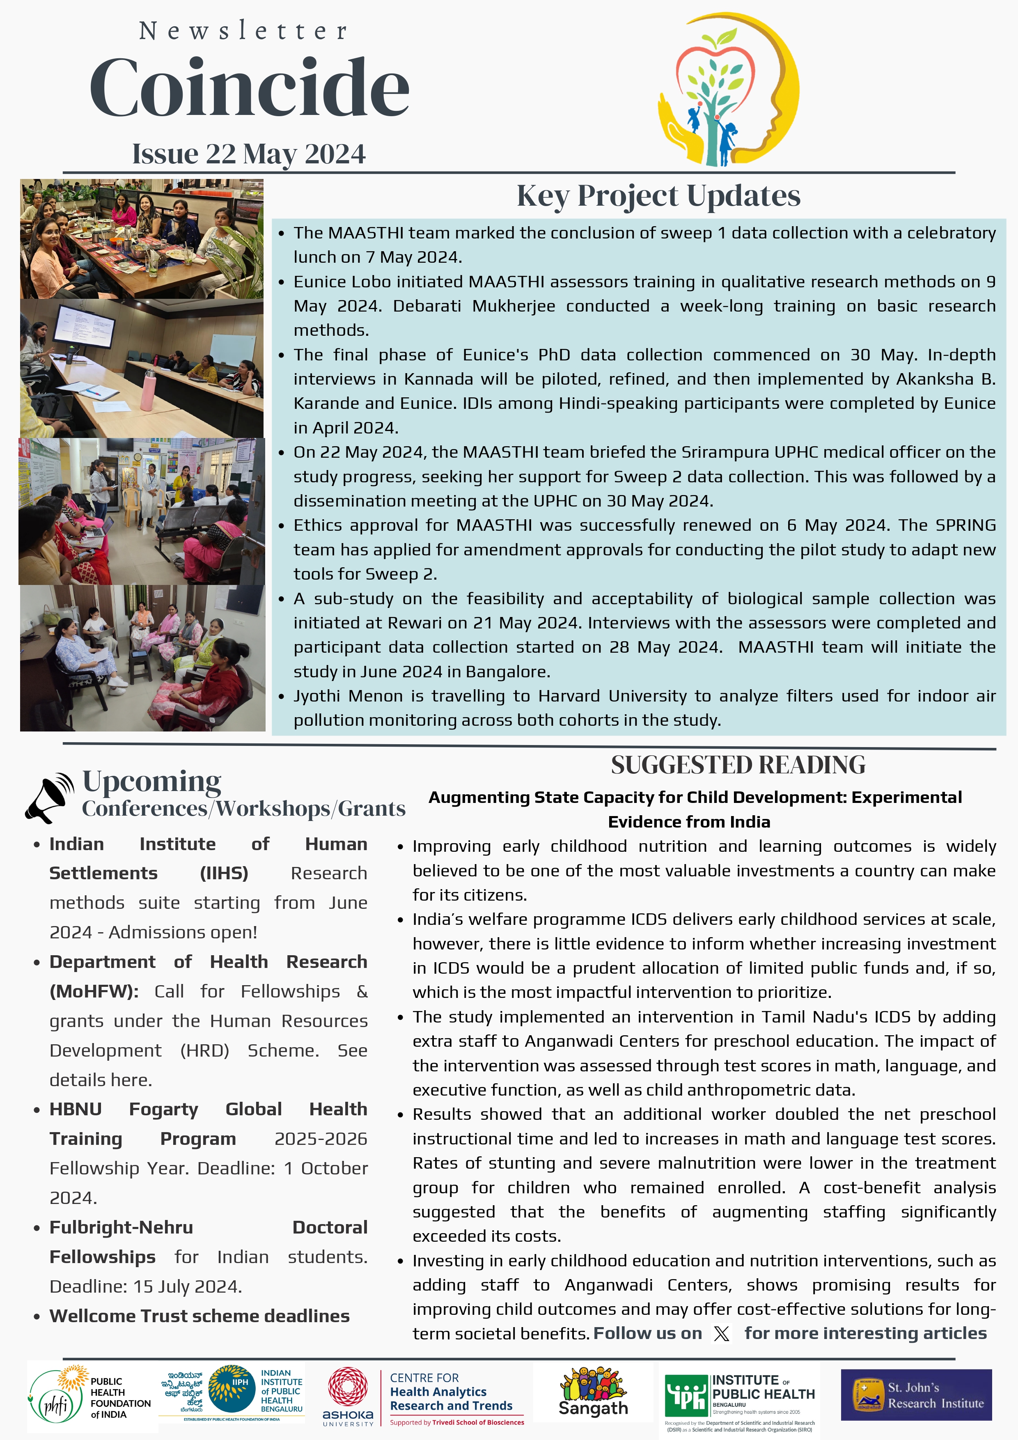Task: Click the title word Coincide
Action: coord(249,88)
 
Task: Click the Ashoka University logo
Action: coord(348,1396)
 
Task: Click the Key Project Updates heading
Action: coord(658,196)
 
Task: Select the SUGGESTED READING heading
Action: coord(738,765)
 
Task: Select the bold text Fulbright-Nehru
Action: coord(121,1227)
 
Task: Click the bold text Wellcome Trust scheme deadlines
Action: coord(199,1316)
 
